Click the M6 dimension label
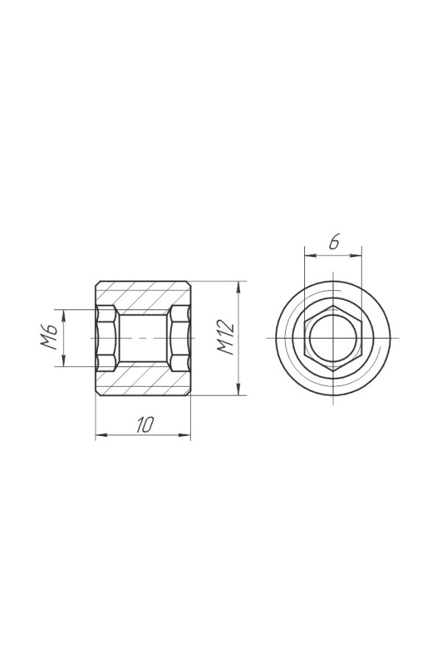49,337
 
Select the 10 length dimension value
144,424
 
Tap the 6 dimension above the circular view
334,242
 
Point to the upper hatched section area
143,296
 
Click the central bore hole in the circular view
333,338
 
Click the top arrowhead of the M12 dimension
239,287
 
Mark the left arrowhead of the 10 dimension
102,435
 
